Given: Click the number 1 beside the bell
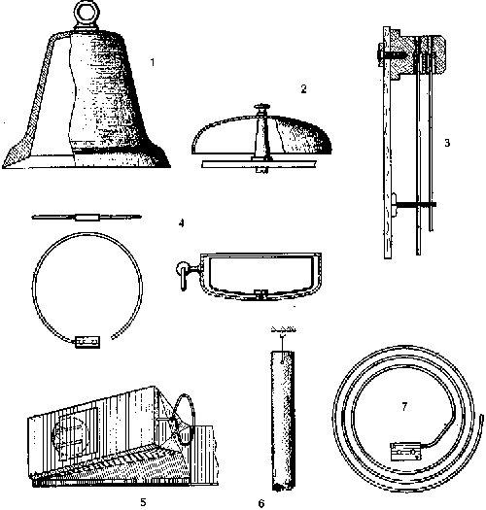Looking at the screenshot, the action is click(153, 62).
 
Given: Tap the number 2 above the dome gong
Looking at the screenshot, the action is click(303, 88).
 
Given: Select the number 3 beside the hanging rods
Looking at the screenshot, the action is click(447, 143).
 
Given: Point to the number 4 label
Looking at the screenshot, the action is click(182, 223).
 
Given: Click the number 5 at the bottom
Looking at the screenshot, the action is click(143, 502).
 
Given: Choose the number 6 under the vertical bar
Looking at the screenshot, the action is click(261, 503).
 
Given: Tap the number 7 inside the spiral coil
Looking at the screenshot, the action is click(404, 406).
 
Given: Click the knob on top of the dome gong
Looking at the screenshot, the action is click(261, 106).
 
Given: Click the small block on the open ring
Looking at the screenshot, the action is click(87, 342).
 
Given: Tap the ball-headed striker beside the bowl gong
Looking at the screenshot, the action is click(184, 275).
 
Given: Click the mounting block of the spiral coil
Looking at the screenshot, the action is click(406, 451).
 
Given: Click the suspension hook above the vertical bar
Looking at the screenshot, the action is click(283, 336).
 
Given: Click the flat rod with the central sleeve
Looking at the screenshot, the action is click(87, 217).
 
